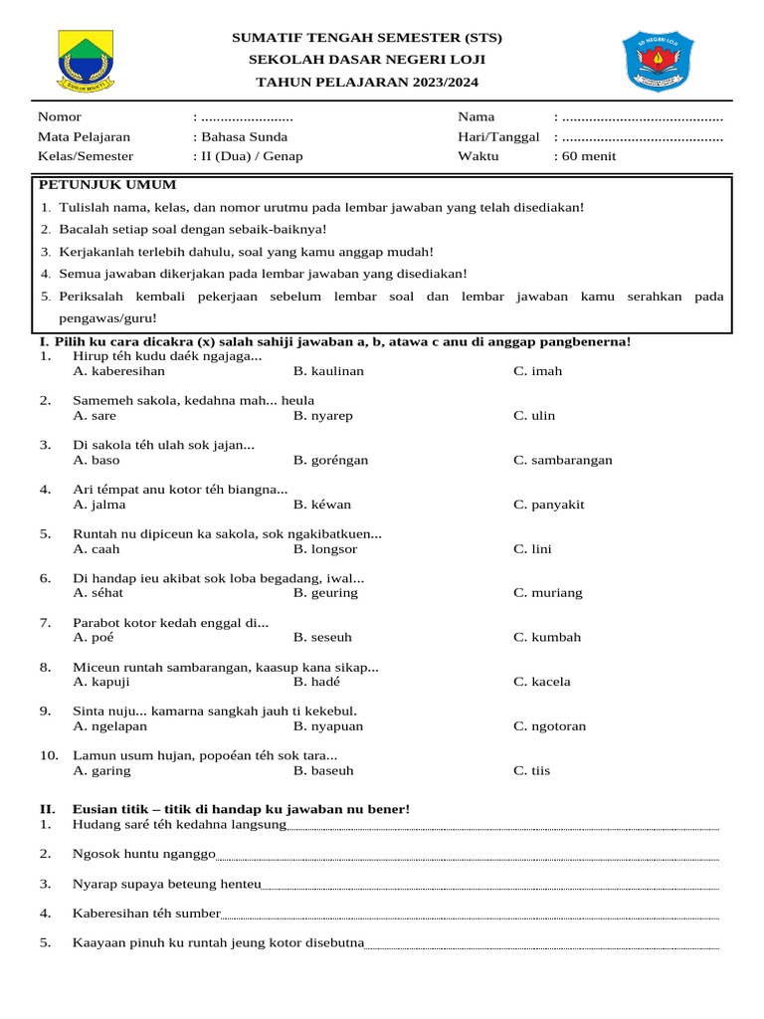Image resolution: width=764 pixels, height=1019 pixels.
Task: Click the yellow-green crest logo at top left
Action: pos(87,61)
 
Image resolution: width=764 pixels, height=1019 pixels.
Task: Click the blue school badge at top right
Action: pos(658,61)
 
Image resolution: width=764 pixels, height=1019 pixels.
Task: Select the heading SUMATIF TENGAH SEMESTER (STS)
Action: pos(367,38)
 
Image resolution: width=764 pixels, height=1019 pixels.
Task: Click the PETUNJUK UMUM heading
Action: pos(107,184)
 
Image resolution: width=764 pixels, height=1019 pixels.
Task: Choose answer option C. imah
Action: pos(537,371)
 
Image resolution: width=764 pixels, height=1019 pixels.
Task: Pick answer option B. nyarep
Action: pos(322,416)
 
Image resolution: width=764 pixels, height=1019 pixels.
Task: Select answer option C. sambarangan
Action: pos(563,460)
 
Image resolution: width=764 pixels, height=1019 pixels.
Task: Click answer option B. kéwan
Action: pos(322,505)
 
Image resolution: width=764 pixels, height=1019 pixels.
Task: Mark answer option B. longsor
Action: pos(325,549)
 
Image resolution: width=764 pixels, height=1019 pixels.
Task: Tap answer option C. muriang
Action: pos(548,593)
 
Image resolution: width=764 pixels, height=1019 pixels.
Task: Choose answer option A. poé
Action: pos(94,637)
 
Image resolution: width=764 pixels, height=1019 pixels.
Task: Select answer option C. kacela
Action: pos(542,682)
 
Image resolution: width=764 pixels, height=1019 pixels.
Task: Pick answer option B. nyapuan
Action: pos(328,726)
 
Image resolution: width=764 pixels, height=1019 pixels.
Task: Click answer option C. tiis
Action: pos(531,770)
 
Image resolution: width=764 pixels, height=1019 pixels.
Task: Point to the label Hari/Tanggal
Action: pos(498,136)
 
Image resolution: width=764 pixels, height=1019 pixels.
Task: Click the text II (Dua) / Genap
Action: pos(252,156)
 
